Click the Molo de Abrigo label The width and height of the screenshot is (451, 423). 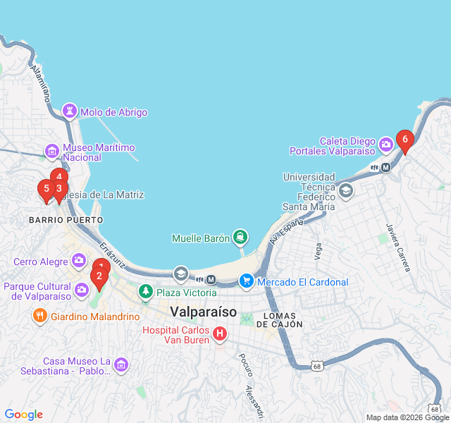point(113,112)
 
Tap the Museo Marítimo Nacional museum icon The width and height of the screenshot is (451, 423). point(51,151)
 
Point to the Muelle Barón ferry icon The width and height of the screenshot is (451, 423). point(240,237)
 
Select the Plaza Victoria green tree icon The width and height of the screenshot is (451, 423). point(146,290)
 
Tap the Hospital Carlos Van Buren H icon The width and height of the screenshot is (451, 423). point(220,333)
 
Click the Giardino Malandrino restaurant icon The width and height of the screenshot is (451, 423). point(40,317)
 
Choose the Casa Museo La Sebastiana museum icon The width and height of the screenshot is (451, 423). point(121,364)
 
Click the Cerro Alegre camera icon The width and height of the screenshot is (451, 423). point(78,261)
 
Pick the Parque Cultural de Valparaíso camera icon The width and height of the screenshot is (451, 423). point(82,289)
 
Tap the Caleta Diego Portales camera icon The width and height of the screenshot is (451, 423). point(385,145)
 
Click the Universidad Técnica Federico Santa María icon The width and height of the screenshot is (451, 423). point(346,190)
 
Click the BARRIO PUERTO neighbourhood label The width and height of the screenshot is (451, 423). point(66,220)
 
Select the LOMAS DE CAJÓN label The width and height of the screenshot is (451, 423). point(279,319)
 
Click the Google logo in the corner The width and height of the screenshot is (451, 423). point(24,415)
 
